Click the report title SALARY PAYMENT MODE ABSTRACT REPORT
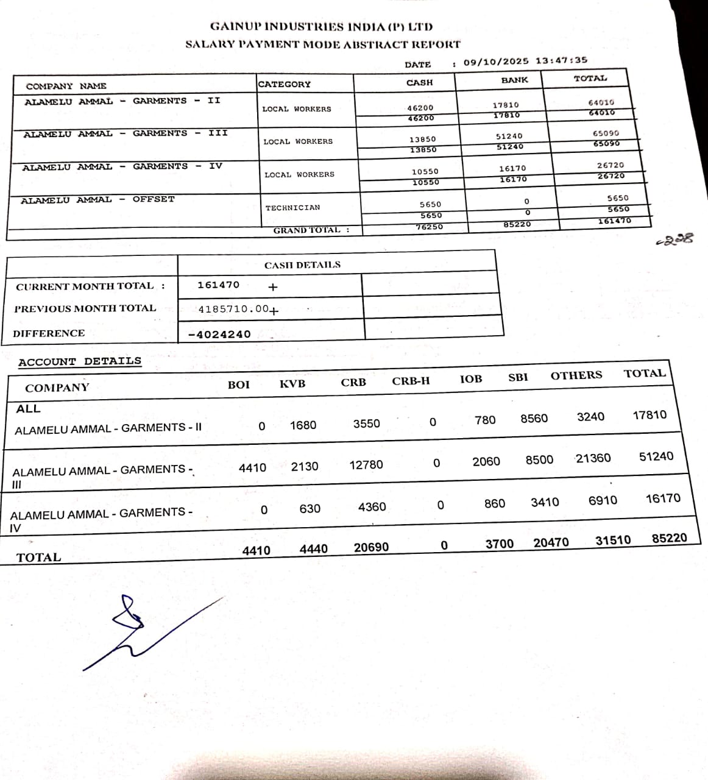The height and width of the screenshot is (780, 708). pos(322,44)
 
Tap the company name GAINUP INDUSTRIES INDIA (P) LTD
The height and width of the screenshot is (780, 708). pos(321,27)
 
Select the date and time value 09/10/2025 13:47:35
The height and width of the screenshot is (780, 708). pos(525,61)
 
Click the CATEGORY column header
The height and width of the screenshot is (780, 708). pos(284,84)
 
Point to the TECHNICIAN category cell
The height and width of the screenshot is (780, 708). pos(292,208)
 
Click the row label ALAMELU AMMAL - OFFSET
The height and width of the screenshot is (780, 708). pos(97,200)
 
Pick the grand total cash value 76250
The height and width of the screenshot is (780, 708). pos(429,227)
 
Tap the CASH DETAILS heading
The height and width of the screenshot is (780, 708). pos(302,265)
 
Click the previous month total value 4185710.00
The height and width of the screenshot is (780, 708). pos(234,309)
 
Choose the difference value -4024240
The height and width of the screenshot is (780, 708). pos(219,334)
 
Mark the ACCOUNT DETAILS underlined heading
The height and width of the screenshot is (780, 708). pos(80,361)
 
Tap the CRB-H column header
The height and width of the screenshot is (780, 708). pos(411,381)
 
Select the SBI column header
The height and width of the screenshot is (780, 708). pos(518,377)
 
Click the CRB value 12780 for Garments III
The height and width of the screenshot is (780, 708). pos(366,465)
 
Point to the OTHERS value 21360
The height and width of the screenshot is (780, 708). pos(593,458)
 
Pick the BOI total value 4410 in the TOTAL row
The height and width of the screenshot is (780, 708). pos(256,551)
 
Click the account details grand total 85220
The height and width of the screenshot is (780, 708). pos(669,538)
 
